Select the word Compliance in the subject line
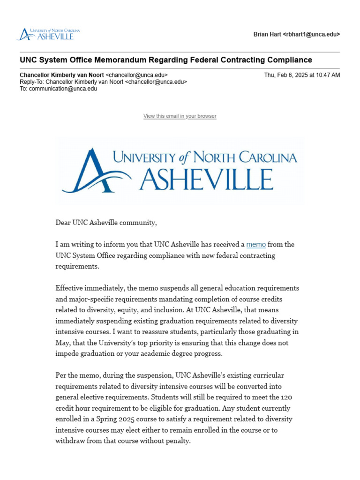(x=289, y=60)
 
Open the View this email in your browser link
(x=180, y=116)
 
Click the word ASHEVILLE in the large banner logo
(x=206, y=179)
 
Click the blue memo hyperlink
(x=256, y=245)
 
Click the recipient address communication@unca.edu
(x=63, y=88)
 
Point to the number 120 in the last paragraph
(x=286, y=397)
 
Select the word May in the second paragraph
(x=62, y=343)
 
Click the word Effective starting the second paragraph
(x=70, y=288)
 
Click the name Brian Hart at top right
(x=267, y=35)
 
